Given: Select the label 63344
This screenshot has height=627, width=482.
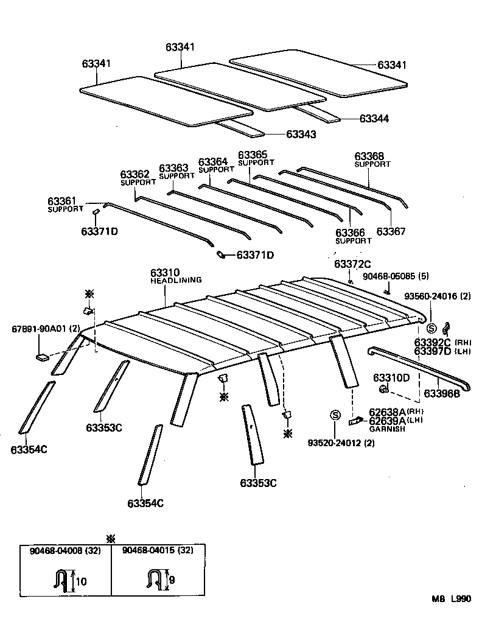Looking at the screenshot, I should [x=374, y=119].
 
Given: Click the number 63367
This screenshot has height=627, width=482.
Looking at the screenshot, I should [x=391, y=232].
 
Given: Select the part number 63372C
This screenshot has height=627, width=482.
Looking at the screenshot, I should [x=352, y=264].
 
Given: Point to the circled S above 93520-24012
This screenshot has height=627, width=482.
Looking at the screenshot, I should [x=334, y=415].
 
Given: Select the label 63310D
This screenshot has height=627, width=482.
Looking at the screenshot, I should [x=392, y=377].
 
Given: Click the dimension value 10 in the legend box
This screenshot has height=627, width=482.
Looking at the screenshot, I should [x=82, y=581].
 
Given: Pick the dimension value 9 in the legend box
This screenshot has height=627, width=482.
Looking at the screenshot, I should [x=172, y=581].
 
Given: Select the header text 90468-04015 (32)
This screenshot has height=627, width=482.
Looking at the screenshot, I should [x=158, y=550].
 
